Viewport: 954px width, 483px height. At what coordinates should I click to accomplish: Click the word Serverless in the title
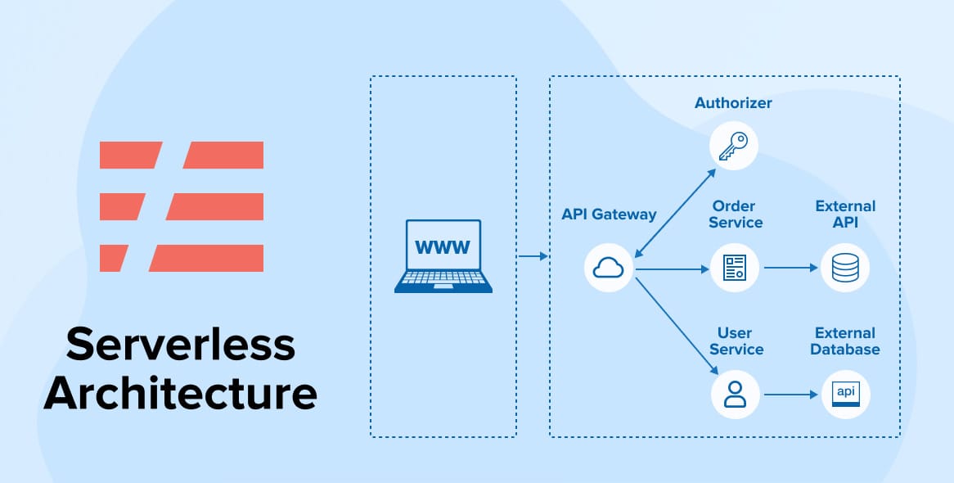180,345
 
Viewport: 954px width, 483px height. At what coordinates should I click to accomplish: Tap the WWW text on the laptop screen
443,246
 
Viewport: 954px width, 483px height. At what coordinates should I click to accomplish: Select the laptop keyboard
443,279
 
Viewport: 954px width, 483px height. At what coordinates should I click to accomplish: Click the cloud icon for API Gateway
610,268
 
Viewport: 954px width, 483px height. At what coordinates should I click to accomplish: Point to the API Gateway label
609,214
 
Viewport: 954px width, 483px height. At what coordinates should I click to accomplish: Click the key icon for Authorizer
733,146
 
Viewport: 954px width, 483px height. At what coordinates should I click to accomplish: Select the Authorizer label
733,103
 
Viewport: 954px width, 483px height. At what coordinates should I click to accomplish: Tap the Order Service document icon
735,268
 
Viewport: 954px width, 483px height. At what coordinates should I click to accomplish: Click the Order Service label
735,214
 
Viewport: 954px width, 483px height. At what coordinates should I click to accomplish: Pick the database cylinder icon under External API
845,268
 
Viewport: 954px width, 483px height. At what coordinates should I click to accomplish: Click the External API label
845,214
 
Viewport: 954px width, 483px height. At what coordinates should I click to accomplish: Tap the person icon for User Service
735,395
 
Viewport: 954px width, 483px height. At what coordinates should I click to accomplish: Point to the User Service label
735,341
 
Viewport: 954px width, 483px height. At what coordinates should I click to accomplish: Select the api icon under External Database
845,395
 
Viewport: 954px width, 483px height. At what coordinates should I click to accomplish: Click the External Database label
845,341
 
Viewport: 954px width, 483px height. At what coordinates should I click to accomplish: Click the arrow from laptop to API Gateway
533,257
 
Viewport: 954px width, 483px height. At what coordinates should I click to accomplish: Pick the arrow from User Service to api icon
791,395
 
